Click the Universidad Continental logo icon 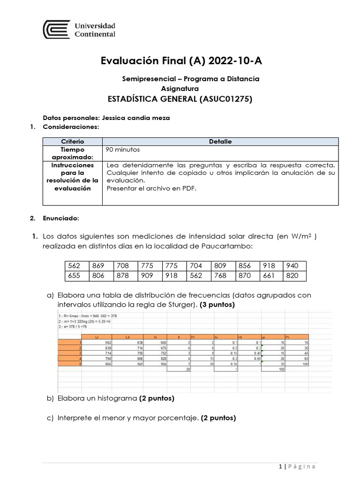coord(56,30)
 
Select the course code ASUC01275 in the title coord(226,99)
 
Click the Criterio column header coord(72,142)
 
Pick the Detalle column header coord(220,142)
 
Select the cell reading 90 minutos coord(123,150)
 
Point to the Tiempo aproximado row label coord(72,153)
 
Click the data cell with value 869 coord(98,266)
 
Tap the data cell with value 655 coord(74,276)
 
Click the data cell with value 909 coord(147,276)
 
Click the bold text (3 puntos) coord(217,305)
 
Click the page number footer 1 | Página coord(297,466)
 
